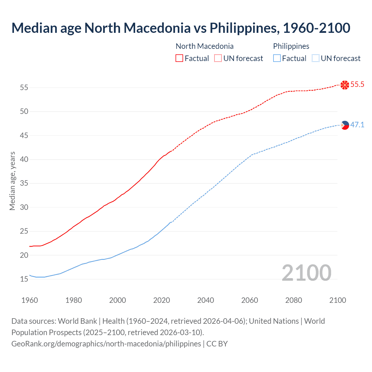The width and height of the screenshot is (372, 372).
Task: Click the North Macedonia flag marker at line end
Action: [x=345, y=85]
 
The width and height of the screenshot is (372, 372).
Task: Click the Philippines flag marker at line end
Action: [x=345, y=125]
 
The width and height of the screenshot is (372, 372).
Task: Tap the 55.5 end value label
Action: [x=357, y=85]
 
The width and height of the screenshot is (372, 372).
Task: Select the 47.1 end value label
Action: [x=357, y=125]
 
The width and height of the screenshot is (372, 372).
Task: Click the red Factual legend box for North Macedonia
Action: [x=179, y=58]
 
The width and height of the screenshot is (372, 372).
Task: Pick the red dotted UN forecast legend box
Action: [x=218, y=58]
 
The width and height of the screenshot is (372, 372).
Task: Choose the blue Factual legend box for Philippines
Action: [x=277, y=58]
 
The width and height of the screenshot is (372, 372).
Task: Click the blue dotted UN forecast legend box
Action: [x=316, y=58]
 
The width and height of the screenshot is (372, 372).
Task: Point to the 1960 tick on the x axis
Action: [x=30, y=300]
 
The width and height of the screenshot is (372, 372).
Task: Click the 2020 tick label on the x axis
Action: [x=162, y=300]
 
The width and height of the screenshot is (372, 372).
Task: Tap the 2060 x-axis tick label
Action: [x=250, y=300]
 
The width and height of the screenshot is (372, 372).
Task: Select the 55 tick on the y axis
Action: [x=24, y=87]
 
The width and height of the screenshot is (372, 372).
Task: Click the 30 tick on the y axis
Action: [x=24, y=207]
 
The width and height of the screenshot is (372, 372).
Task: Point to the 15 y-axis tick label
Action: [x=24, y=279]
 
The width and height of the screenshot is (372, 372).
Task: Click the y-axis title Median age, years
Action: [x=12, y=181]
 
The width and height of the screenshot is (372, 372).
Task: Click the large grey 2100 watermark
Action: [x=306, y=273]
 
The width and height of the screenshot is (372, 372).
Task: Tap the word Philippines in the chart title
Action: [x=243, y=28]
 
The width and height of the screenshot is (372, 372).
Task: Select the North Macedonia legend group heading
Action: [x=205, y=46]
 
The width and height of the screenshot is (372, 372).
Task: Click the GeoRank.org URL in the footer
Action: [x=106, y=344]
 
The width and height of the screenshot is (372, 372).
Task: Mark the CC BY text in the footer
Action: [x=217, y=344]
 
